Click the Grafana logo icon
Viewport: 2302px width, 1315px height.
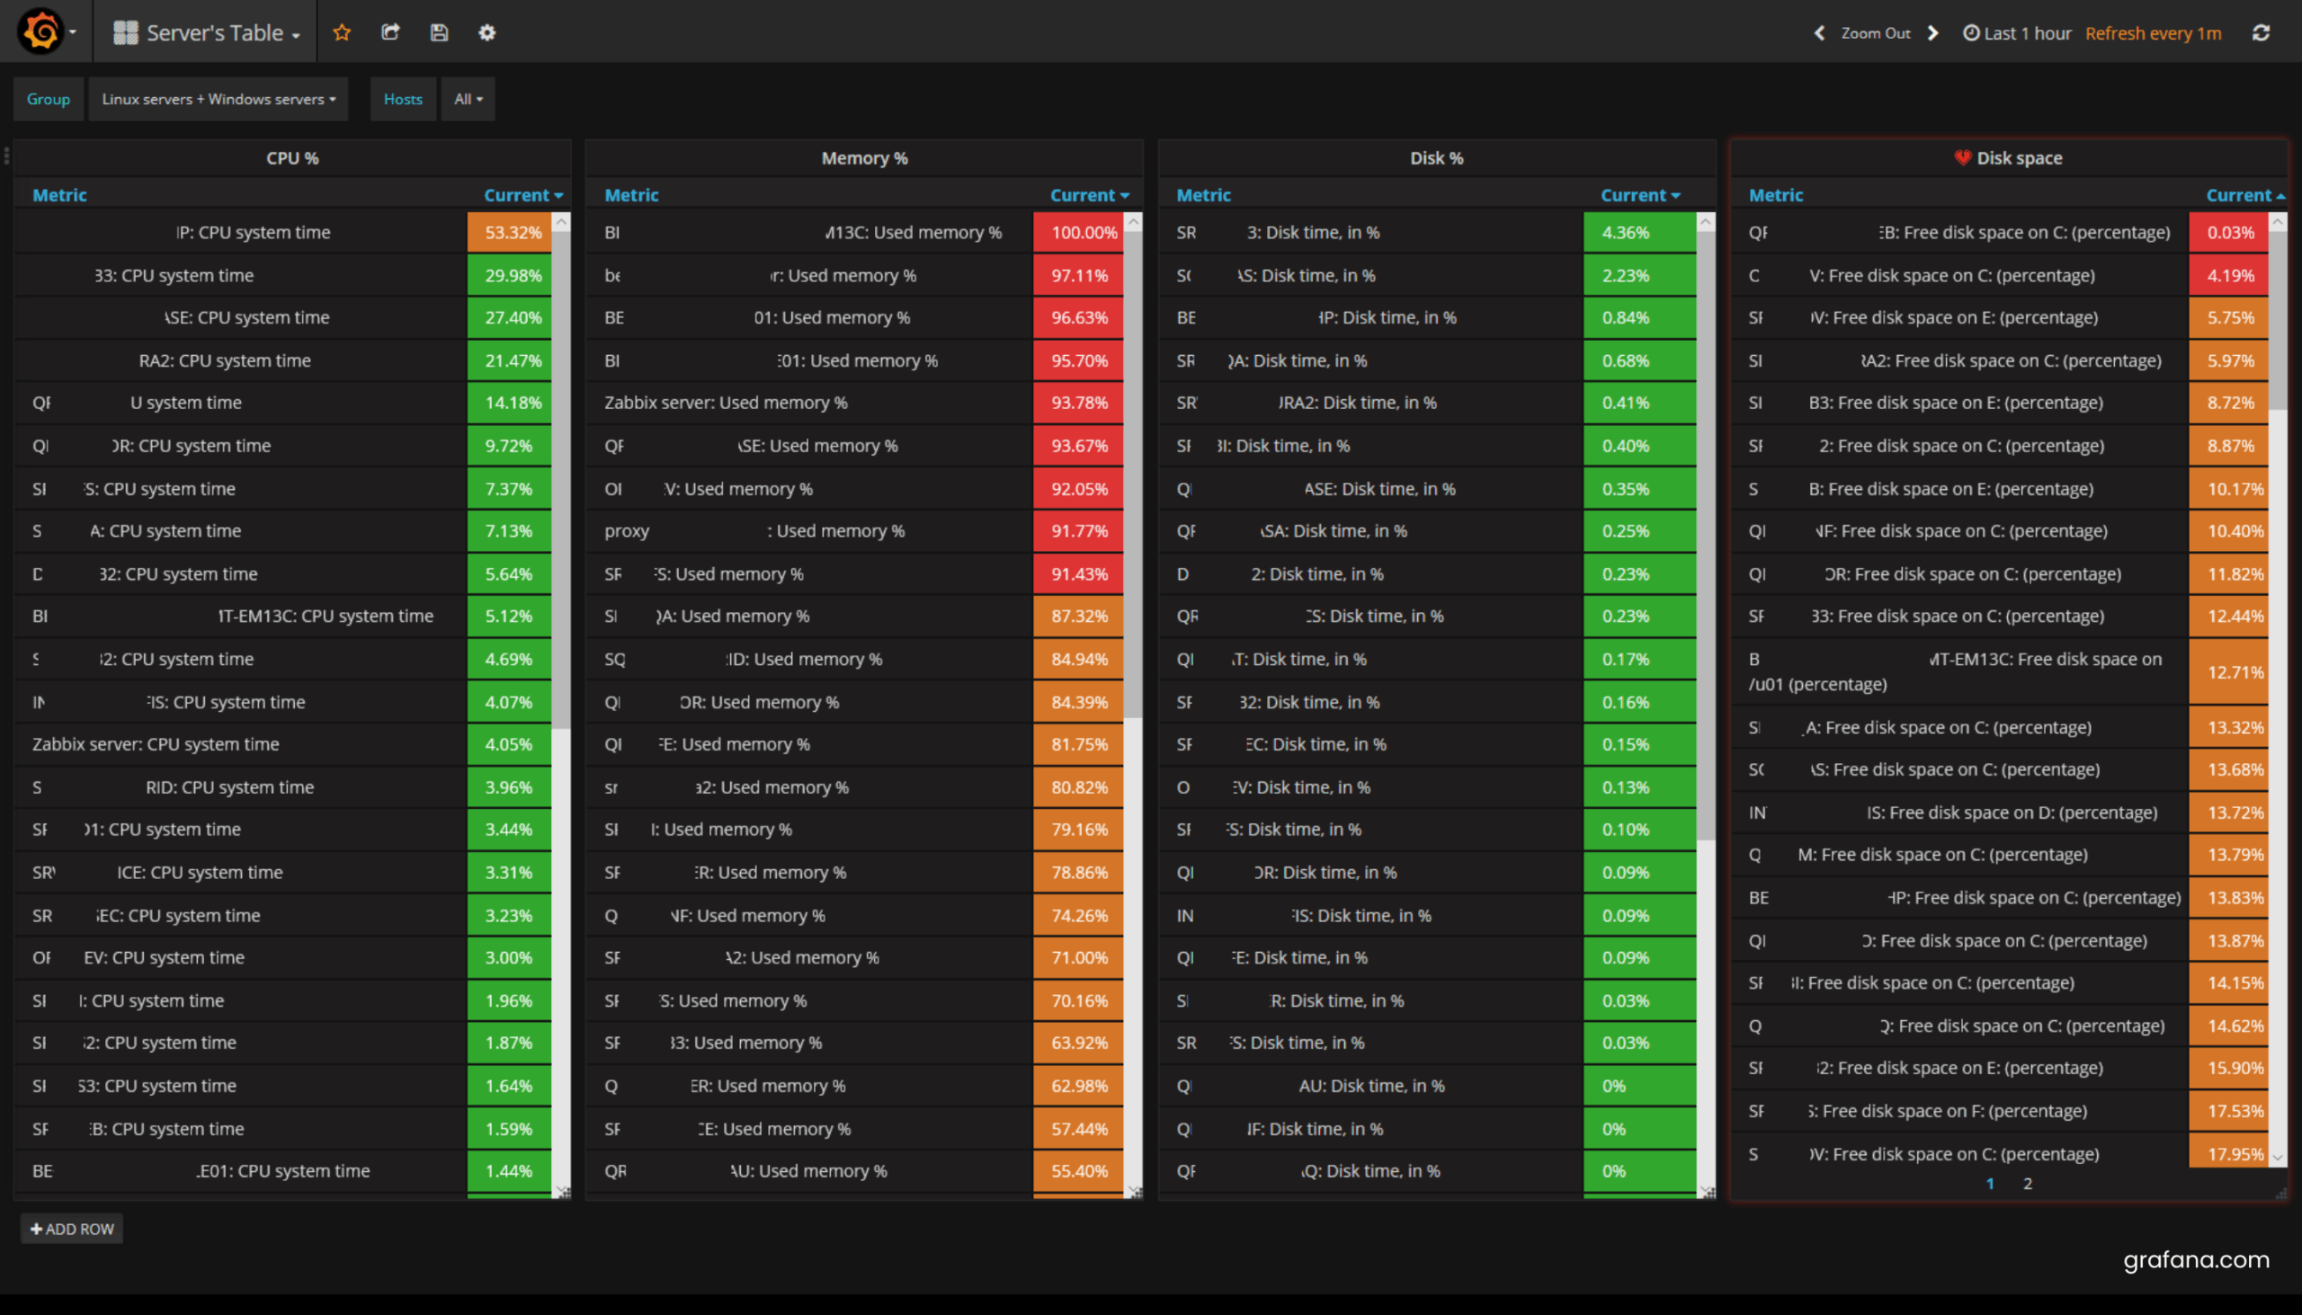point(40,31)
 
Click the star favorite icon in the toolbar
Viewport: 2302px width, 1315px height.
point(342,32)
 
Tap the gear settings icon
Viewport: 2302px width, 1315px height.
point(487,32)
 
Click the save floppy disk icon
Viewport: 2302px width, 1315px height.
point(439,32)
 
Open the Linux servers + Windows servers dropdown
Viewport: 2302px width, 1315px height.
point(218,100)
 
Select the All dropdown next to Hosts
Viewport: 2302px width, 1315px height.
point(468,100)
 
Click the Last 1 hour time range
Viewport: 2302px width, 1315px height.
point(2018,33)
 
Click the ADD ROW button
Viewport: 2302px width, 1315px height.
point(72,1230)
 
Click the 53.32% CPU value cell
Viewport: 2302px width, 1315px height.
point(512,232)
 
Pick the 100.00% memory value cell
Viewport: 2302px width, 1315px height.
point(1082,232)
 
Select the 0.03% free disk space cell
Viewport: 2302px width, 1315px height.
point(2229,232)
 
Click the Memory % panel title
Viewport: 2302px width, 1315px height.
point(865,158)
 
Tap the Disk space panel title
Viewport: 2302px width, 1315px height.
point(2019,158)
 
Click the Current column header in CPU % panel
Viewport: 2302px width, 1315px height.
point(522,195)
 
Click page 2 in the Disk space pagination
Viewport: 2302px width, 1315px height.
point(2028,1184)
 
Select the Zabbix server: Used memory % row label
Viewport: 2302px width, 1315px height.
point(726,403)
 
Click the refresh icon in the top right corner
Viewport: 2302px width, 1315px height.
point(2261,33)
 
